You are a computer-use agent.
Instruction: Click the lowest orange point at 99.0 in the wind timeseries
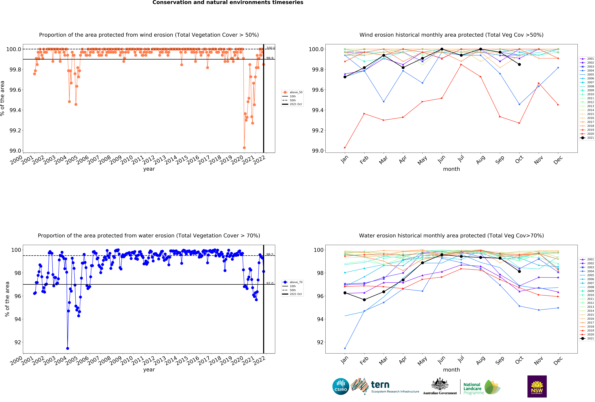tap(244, 148)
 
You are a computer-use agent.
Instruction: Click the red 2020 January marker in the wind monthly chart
tap(345, 148)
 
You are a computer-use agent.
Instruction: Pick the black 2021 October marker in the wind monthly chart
tap(519, 64)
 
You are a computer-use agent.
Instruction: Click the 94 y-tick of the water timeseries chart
tap(17, 319)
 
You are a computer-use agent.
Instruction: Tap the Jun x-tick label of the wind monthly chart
tap(441, 159)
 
